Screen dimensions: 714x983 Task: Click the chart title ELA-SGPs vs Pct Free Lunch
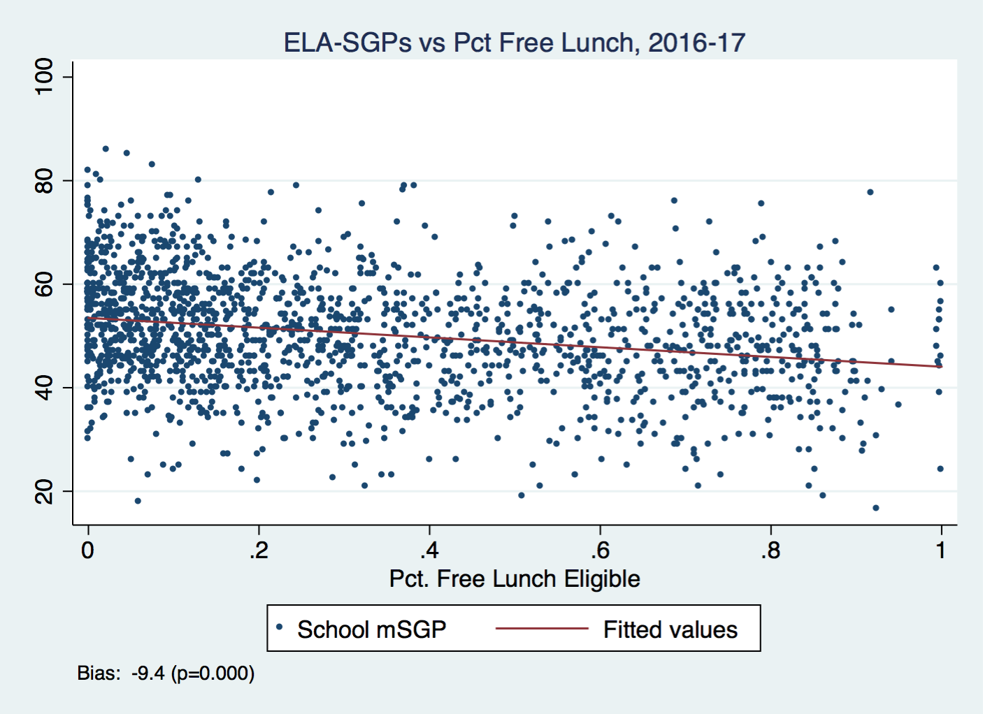(514, 43)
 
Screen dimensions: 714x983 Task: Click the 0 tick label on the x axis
(87, 551)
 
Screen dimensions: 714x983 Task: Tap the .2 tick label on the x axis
(258, 551)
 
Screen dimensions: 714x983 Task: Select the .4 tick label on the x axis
(429, 551)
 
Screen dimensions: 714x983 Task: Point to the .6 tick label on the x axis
(599, 551)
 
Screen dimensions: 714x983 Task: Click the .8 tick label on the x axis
(770, 551)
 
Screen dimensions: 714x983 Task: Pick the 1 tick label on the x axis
(941, 551)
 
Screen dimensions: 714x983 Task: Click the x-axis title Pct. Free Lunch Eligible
(515, 579)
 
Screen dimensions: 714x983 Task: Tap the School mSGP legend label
(371, 629)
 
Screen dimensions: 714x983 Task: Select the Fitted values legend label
(670, 629)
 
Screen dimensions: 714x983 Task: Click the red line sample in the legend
(542, 629)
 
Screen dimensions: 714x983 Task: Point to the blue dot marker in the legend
(279, 627)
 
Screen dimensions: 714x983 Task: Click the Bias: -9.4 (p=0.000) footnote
(166, 673)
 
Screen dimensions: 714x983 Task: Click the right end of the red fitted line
(942, 367)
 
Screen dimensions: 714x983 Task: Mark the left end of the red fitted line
(88, 318)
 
